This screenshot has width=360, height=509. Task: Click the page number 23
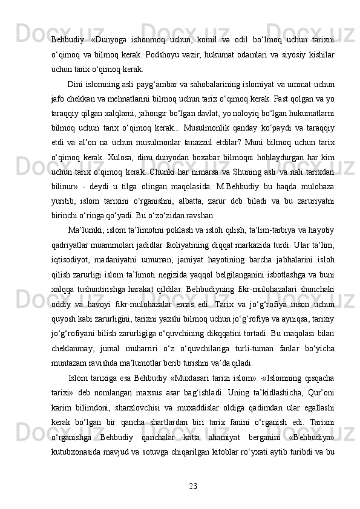click(x=193, y=485)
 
